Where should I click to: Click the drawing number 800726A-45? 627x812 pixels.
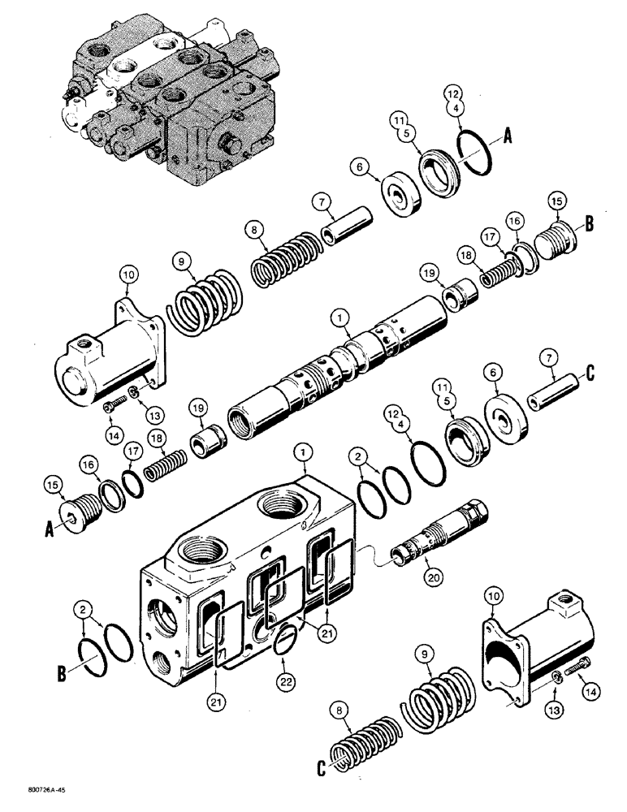tap(36, 788)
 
